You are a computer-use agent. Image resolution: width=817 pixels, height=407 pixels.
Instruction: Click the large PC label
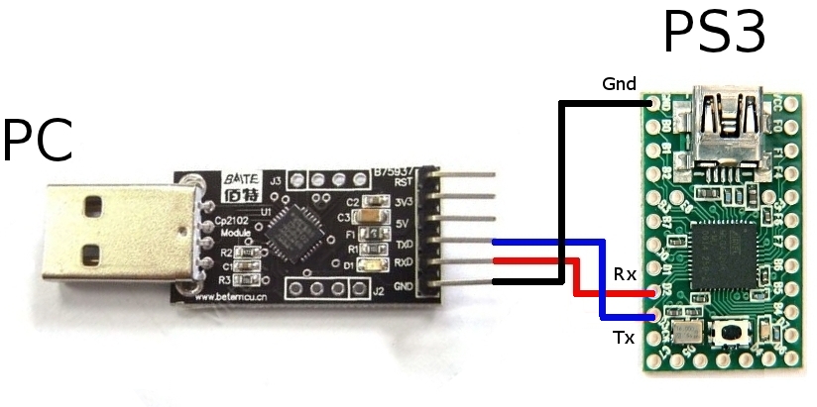click(37, 141)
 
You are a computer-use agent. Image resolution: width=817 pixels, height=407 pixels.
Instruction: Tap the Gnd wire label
click(619, 84)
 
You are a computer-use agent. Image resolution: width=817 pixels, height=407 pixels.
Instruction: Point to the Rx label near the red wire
click(625, 273)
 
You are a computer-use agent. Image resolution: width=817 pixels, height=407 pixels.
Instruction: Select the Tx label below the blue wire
click(624, 338)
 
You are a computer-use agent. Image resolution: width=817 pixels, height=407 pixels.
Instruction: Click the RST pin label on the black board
click(403, 182)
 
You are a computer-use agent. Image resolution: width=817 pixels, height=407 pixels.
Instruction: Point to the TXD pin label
click(403, 243)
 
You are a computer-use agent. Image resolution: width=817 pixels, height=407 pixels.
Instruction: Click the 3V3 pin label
click(403, 202)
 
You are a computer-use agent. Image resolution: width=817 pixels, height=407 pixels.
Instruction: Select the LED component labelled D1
click(375, 265)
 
